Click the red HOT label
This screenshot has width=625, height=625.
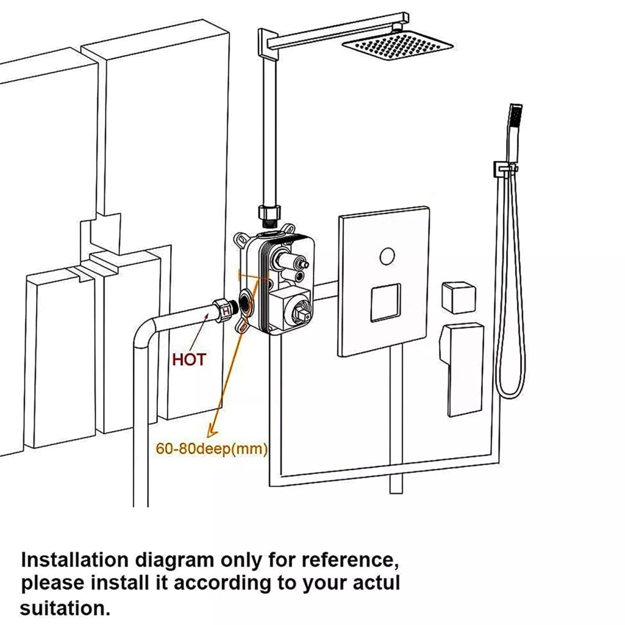click(x=189, y=359)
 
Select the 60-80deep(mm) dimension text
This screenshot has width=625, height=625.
click(x=211, y=448)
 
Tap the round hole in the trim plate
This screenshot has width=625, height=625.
click(x=386, y=256)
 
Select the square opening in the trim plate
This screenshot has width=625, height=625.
click(x=386, y=303)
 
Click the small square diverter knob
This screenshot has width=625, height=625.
click(x=459, y=297)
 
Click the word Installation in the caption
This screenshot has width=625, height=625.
click(x=72, y=560)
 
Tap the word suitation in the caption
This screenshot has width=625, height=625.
click(x=58, y=607)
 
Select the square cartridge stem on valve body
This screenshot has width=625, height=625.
click(x=301, y=315)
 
